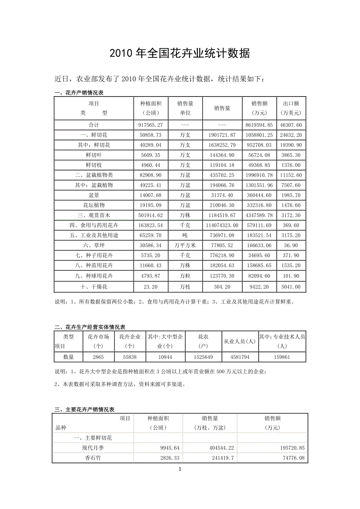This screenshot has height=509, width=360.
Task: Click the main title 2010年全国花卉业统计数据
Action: [x=180, y=54]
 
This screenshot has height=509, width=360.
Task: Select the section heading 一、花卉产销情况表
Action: [x=79, y=93]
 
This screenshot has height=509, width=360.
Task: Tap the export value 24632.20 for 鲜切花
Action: [x=291, y=135]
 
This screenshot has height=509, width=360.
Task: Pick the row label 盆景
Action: [x=94, y=195]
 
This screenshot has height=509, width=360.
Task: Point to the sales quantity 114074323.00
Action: [x=222, y=225]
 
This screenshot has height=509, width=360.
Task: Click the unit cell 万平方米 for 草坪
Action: [x=185, y=245]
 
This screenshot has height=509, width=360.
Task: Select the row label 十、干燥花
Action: [x=94, y=287]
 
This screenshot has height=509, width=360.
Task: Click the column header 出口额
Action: [x=291, y=104]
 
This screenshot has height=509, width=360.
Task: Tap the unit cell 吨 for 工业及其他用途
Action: [x=185, y=235]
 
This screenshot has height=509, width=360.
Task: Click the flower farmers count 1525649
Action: [x=203, y=357]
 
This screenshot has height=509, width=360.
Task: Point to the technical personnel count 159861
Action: [x=282, y=357]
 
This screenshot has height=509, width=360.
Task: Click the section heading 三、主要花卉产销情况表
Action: [x=84, y=410]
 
